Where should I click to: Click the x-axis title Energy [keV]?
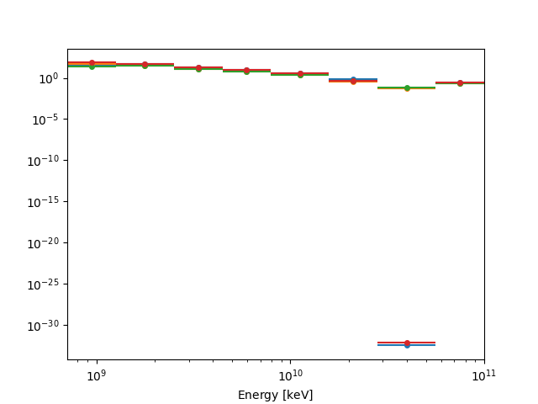tap(275, 395)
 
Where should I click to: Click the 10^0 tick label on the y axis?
tap(47, 78)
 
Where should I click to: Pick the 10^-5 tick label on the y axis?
tap(45, 120)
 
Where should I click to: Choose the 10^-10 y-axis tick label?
tap(44, 161)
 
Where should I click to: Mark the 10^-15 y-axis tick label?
tap(44, 202)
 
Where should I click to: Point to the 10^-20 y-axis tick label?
tap(44, 243)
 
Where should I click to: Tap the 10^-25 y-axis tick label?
tap(44, 284)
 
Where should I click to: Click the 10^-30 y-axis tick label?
tap(44, 326)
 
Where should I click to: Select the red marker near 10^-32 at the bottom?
tap(407, 343)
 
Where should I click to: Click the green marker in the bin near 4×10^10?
tap(407, 88)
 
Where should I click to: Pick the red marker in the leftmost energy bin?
tap(92, 62)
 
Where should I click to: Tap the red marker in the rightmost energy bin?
tap(460, 82)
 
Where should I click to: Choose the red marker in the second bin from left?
tap(145, 64)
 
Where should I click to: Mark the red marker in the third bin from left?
tap(198, 67)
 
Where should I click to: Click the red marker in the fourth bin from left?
tap(246, 70)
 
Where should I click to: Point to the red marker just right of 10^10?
tap(299, 73)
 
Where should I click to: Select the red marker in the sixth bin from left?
tap(353, 81)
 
